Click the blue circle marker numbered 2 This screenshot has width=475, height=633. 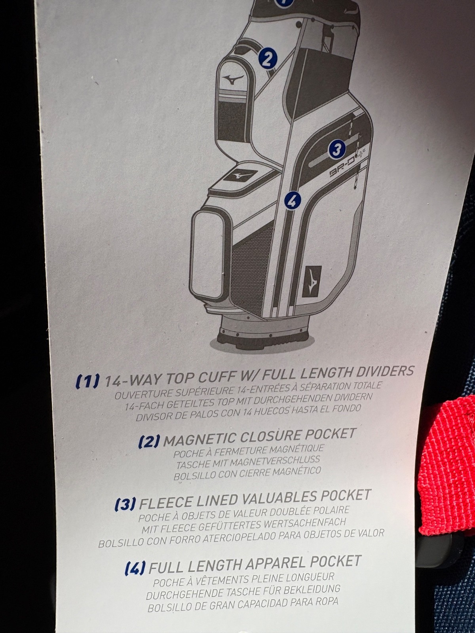tap(268, 59)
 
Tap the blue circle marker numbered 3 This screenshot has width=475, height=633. tap(337, 150)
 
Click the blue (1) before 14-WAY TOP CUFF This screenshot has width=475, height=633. tap(87, 380)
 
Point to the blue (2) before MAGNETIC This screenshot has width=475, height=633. tap(149, 441)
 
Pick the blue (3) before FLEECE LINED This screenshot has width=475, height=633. tap(125, 504)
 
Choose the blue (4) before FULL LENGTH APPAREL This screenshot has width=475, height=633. tap(135, 568)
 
